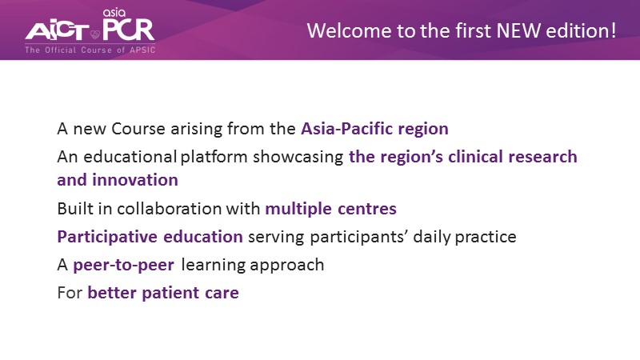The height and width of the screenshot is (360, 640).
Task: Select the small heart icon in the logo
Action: (95, 34)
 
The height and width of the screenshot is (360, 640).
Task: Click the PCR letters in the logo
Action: (128, 30)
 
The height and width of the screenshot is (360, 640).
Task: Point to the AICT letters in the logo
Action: (57, 31)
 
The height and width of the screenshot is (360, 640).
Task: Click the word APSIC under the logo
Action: (142, 50)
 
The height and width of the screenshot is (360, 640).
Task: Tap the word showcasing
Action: (298, 158)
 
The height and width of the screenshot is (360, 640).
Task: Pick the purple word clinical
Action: (475, 157)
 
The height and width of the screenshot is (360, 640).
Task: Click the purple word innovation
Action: (135, 180)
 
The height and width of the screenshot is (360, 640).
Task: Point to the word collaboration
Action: (169, 209)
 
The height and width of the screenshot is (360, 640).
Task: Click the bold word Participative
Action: (107, 237)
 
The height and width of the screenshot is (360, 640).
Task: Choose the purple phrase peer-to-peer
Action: (124, 266)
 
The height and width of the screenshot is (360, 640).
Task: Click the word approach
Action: (287, 266)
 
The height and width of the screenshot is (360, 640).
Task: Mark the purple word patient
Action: (170, 293)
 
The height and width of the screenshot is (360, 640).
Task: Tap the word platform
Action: (214, 157)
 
